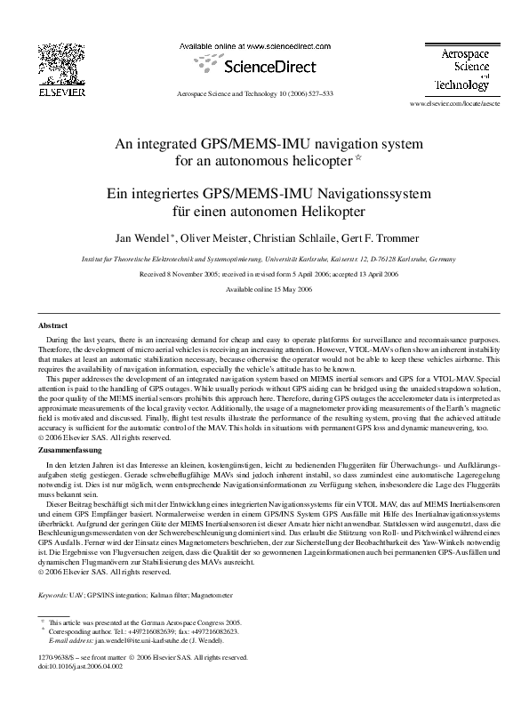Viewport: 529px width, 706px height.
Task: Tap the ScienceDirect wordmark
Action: point(263,65)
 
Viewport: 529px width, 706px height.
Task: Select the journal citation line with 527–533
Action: point(256,92)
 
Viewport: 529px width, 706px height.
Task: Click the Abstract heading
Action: point(54,326)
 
